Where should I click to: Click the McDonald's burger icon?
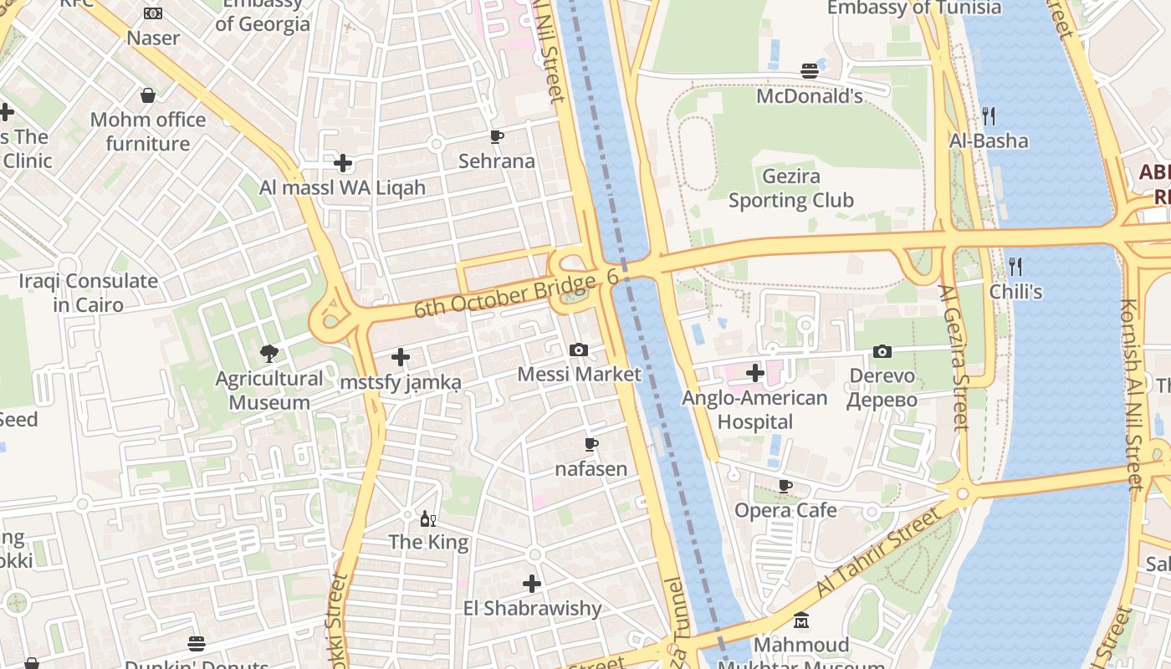(809, 71)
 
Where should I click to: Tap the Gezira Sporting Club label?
(790, 188)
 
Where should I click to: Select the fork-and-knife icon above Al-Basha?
(988, 115)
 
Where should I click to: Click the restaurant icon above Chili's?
(1015, 267)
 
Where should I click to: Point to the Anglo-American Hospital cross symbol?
(755, 373)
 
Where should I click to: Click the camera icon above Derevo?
(882, 351)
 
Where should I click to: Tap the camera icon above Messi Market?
(578, 350)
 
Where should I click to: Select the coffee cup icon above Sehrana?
(497, 136)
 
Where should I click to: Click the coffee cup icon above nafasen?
(591, 444)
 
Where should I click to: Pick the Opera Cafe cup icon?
(785, 486)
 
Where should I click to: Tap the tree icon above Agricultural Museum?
(268, 354)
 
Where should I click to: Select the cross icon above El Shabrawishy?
(532, 583)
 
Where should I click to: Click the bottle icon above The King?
(428, 518)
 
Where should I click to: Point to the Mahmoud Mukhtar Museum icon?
(801, 620)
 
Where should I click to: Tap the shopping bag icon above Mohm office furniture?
(148, 95)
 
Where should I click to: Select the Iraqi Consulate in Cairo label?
(89, 293)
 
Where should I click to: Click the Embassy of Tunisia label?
(913, 8)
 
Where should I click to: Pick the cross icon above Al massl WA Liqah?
(343, 163)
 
